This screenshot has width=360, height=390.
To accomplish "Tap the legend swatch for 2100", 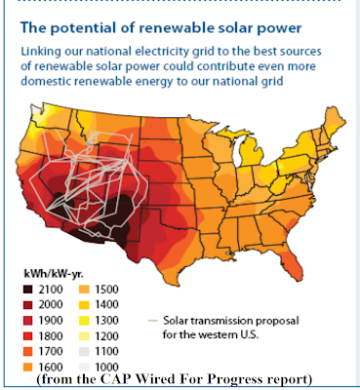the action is pyautogui.click(x=28, y=289).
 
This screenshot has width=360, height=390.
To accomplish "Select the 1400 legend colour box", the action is pyautogui.click(x=84, y=304).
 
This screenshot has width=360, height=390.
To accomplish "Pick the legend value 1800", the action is pyautogui.click(x=51, y=335).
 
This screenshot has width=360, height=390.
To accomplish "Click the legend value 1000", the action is pyautogui.click(x=106, y=367).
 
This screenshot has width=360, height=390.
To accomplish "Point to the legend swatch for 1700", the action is pyautogui.click(x=28, y=351).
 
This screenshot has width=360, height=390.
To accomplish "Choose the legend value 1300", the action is pyautogui.click(x=106, y=320).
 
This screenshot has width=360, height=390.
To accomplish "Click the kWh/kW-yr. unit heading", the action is pyautogui.click(x=54, y=274).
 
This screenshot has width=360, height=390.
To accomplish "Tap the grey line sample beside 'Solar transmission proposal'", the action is pyautogui.click(x=152, y=321).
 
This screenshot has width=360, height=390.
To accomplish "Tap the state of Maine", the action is pyautogui.click(x=334, y=120).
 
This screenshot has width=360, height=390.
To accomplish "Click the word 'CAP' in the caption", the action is pyautogui.click(x=116, y=379).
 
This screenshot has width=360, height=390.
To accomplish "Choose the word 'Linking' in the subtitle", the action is pyautogui.click(x=41, y=52).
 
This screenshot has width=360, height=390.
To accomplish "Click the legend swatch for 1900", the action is pyautogui.click(x=28, y=320).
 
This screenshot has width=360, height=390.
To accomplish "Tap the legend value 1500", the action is pyautogui.click(x=106, y=289).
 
